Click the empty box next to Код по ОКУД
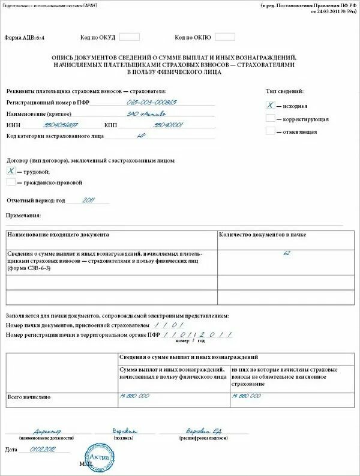tap(130, 37)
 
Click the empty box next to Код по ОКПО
tap(225, 37)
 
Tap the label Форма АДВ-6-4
tap(25, 38)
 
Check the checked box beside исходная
tap(271, 104)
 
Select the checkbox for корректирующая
tap(271, 118)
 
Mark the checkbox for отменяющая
tap(271, 131)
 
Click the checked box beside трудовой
tap(11, 171)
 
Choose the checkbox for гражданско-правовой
tap(11, 182)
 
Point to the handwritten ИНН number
tap(61, 125)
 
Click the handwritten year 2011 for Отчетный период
tap(88, 200)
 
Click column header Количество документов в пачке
tap(263, 235)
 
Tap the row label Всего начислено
tap(29, 397)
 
